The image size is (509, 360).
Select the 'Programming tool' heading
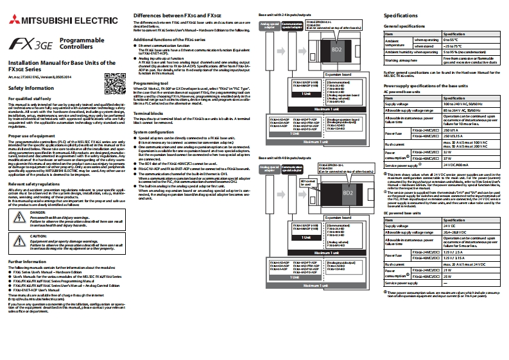[x=151, y=83]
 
